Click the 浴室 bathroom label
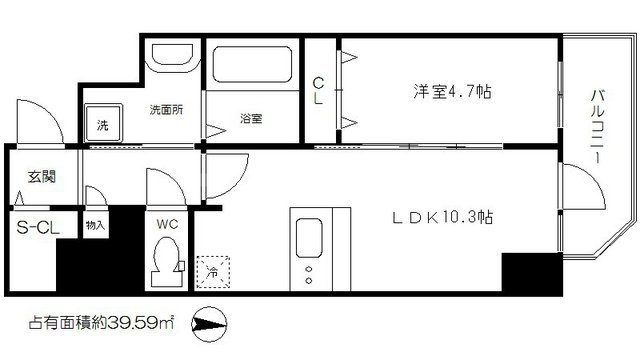click(x=250, y=118)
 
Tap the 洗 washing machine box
click(x=102, y=125)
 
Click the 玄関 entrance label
click(x=42, y=177)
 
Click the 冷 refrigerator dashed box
click(x=212, y=268)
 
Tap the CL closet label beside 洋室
click(x=318, y=91)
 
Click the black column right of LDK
click(x=529, y=270)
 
